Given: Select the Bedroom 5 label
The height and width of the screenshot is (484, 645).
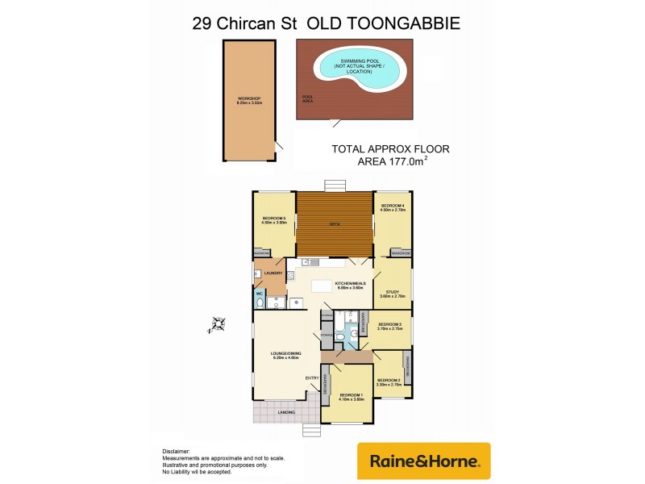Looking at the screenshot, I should (x=274, y=218).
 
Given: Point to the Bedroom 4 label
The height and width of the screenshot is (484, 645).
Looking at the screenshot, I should (x=393, y=206).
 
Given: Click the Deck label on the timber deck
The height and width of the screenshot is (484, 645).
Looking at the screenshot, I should (x=334, y=225).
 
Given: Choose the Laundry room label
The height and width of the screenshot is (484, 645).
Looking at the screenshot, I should (x=273, y=273).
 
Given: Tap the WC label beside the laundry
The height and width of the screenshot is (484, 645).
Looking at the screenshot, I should (x=260, y=294).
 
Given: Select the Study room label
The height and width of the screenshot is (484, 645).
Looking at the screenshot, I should (x=393, y=292).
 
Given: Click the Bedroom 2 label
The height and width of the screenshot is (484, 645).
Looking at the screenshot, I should (x=389, y=380).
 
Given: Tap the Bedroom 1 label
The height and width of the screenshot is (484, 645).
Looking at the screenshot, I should (x=351, y=394).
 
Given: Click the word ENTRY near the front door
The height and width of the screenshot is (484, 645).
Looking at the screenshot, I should (x=312, y=378).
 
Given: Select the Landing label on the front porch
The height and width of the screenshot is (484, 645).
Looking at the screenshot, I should (x=285, y=412).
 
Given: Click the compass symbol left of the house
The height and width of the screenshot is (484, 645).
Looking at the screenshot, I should (x=217, y=325).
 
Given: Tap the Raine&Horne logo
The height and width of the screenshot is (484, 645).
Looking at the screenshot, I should (x=424, y=461).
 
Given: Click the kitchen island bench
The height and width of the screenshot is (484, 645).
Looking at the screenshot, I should (x=324, y=285).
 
